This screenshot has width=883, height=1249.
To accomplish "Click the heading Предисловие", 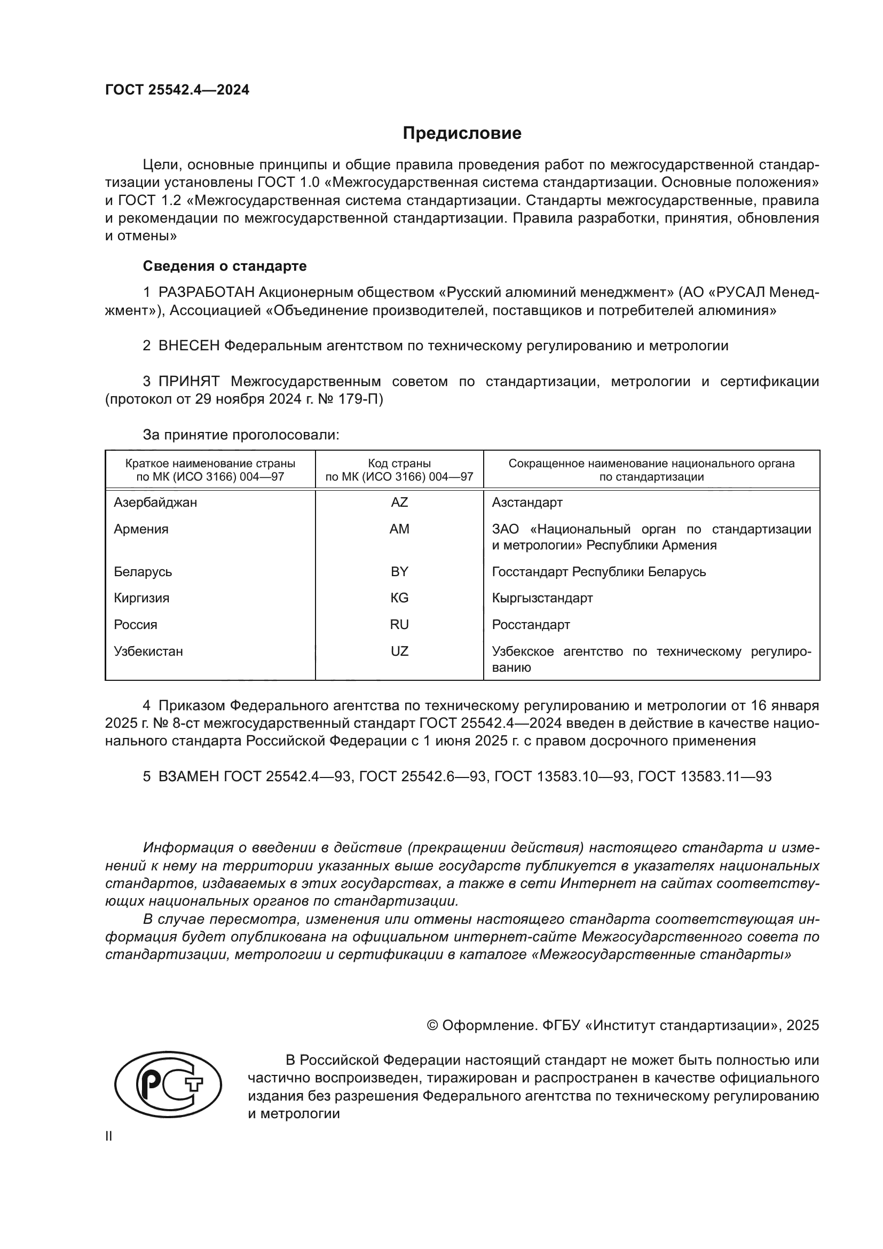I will [462, 133].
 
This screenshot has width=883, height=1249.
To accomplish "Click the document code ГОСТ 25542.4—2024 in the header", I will [177, 90].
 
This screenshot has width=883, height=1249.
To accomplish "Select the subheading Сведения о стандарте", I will [225, 266].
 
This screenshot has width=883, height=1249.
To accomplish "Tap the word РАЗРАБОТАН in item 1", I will [207, 293].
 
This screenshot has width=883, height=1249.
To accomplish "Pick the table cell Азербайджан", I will [155, 502].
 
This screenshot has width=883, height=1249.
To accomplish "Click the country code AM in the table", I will [399, 529].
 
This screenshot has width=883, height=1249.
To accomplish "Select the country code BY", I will [399, 572].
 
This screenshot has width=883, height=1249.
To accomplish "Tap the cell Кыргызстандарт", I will [542, 599].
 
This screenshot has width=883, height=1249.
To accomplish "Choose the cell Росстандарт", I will [531, 625].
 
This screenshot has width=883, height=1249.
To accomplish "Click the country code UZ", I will [399, 651].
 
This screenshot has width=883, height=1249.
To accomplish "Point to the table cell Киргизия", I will [141, 599].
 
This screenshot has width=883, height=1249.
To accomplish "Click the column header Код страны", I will [399, 464].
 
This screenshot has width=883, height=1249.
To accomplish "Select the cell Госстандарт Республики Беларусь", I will [598, 572].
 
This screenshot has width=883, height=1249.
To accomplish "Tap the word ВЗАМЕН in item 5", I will [188, 777].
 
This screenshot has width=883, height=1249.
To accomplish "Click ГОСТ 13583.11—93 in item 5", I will [705, 777].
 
